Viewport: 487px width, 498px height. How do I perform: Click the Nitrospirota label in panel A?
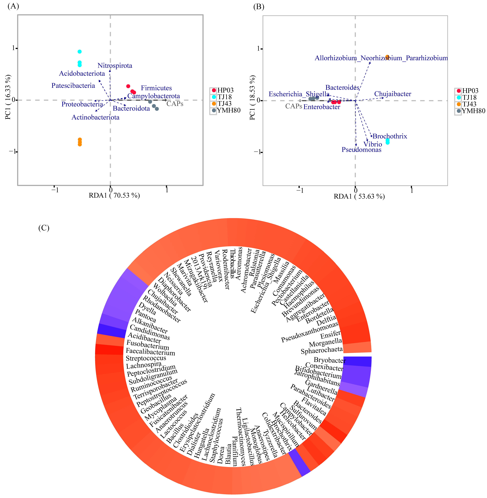pyautogui.click(x=115, y=66)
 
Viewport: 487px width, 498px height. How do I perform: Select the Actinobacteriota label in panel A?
pyautogui.click(x=95, y=117)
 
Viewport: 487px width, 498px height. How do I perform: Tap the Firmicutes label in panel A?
pyautogui.click(x=156, y=88)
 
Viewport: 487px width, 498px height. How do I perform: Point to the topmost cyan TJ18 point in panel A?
pyautogui.click(x=80, y=52)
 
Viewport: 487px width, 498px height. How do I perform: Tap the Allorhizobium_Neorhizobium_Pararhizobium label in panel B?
pyautogui.click(x=381, y=58)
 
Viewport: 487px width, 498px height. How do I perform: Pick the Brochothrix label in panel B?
pyautogui.click(x=390, y=136)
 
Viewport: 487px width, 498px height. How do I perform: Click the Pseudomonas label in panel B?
pyautogui.click(x=361, y=150)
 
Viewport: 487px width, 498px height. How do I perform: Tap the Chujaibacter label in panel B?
pyautogui.click(x=393, y=94)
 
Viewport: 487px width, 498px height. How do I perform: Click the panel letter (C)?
pyautogui.click(x=44, y=228)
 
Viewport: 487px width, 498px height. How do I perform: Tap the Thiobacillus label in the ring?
pyautogui.click(x=232, y=264)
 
